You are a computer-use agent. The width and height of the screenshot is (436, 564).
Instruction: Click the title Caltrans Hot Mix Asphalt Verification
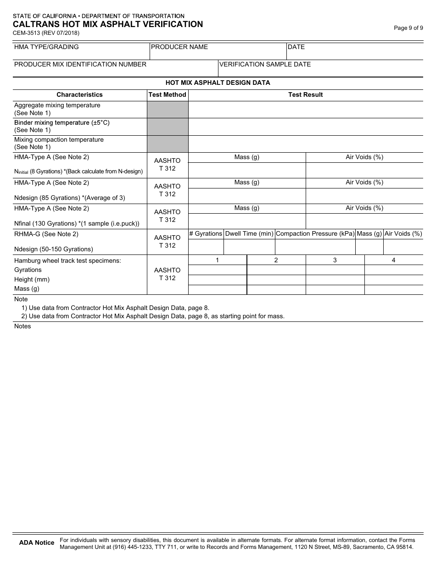(108, 24)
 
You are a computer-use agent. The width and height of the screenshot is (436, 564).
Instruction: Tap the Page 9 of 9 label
(408, 28)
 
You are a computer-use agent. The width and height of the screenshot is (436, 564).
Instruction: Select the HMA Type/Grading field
(81, 51)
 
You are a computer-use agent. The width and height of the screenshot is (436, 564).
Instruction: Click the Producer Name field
(218, 51)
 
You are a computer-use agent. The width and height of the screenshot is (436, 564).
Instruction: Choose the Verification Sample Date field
(320, 68)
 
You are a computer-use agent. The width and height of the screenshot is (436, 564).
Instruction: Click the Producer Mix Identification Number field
(115, 68)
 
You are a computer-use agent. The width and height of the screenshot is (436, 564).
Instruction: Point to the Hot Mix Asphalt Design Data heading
(218, 83)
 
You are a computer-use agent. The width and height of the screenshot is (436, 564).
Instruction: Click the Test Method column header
(168, 95)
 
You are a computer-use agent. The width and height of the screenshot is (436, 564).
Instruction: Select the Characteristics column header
(79, 95)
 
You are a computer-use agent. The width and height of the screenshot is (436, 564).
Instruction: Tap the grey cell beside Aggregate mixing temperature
(168, 110)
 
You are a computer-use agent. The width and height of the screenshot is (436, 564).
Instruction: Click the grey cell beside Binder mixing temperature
(168, 127)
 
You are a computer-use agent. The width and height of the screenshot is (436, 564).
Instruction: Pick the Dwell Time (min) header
(249, 234)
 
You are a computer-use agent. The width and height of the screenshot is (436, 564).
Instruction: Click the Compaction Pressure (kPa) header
(315, 234)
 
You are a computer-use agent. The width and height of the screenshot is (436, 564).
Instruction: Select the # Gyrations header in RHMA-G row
(206, 234)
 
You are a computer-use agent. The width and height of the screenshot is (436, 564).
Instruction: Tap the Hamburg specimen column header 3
(335, 260)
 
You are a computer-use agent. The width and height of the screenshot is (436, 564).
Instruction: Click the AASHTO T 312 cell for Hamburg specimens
(168, 274)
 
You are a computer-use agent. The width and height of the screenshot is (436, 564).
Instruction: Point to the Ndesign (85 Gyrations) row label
(69, 198)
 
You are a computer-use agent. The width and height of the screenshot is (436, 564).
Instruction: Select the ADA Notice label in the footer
(37, 543)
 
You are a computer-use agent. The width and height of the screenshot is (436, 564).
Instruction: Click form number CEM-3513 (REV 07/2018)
(46, 33)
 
